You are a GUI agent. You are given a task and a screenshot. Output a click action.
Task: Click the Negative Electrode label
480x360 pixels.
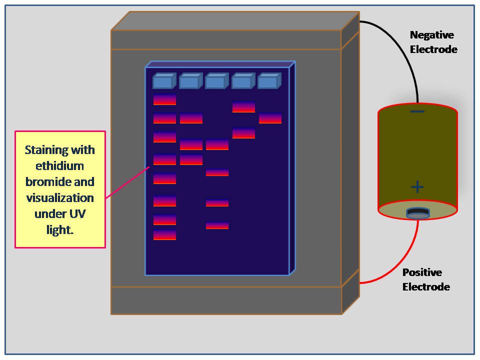tap(432, 42)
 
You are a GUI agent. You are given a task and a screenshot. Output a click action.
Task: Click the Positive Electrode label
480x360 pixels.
tap(426, 279)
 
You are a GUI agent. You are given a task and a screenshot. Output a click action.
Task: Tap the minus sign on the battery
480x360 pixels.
tap(417, 111)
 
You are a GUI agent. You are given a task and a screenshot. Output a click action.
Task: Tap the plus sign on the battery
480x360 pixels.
tap(417, 187)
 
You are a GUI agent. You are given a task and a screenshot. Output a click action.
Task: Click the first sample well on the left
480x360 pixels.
tap(162, 81)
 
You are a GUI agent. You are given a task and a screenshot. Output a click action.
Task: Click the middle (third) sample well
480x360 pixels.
tap(215, 81)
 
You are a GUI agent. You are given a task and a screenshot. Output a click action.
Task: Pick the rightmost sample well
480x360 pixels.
tap(268, 81)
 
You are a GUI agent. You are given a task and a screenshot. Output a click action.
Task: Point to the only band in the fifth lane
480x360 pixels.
tap(270, 118)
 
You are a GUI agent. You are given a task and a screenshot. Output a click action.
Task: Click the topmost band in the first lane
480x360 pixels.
tap(164, 99)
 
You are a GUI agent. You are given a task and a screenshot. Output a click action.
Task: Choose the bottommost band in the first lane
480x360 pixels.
tap(164, 235)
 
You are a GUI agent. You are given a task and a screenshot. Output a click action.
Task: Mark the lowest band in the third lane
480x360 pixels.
tap(217, 225)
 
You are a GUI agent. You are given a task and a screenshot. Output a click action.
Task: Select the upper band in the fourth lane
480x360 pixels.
tap(243, 107)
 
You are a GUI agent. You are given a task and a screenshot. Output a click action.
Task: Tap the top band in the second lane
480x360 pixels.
tap(191, 118)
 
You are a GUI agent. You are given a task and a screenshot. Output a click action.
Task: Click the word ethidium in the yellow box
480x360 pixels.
tap(60, 166)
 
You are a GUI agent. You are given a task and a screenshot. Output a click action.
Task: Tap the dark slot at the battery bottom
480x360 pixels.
tap(417, 213)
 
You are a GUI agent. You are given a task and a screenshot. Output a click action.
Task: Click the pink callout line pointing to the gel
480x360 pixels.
tap(127, 182)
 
